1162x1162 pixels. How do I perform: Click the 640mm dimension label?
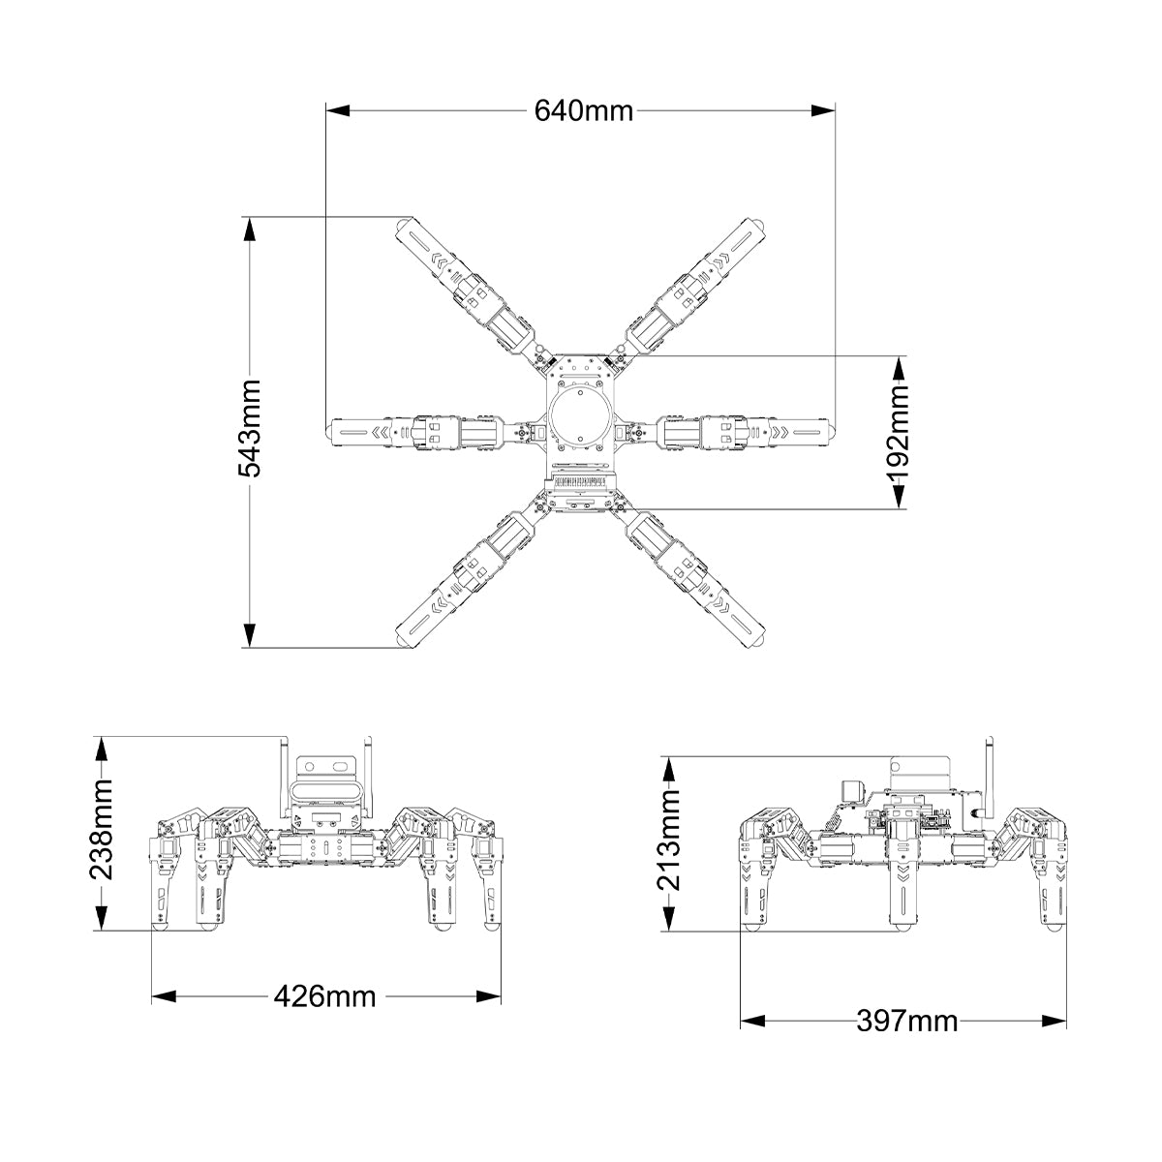pos(583,111)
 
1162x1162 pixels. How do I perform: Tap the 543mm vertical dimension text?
pos(250,429)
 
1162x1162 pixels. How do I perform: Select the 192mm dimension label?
pos(899,431)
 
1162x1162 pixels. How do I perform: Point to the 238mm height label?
pos(101,829)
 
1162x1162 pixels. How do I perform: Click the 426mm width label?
pos(324,996)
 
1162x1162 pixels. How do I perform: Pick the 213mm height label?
pos(669,840)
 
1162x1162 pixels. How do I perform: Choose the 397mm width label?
pos(907,1021)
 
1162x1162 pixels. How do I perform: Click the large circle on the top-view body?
pos(581,418)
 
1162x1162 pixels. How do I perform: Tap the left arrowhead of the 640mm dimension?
pos(338,111)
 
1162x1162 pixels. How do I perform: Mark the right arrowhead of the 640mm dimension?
pos(823,111)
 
